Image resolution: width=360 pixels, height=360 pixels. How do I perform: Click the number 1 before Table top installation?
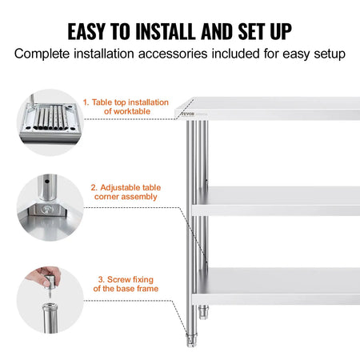[x=86, y=102]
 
